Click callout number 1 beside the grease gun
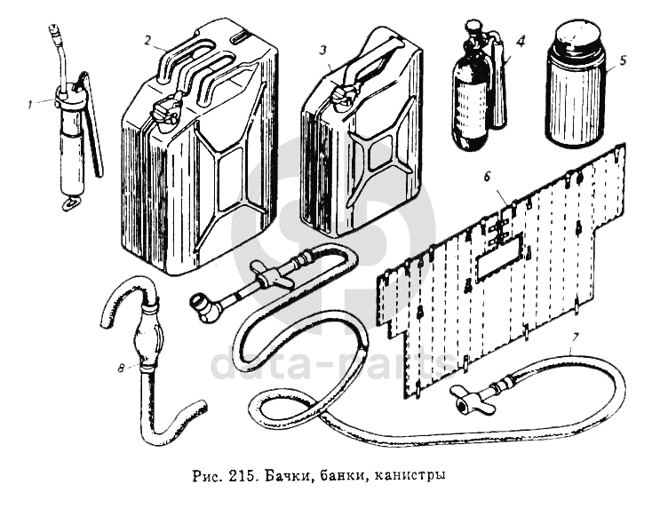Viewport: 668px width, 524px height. coord(30,102)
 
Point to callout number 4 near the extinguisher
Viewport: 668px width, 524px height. coord(521,41)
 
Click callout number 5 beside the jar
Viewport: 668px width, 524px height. coord(623,61)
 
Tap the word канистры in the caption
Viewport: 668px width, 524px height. coord(410,475)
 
